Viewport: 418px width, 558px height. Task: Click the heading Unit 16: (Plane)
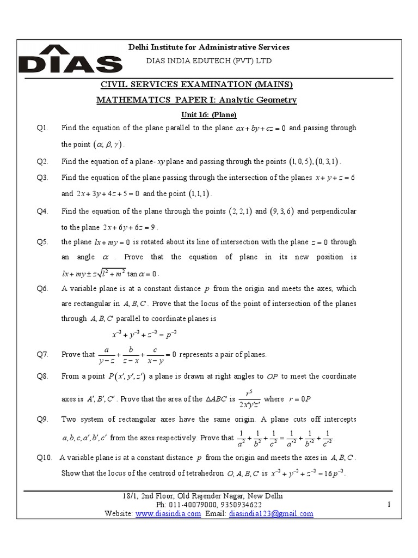[x=209, y=114]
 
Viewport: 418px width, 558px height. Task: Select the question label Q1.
[x=43, y=128]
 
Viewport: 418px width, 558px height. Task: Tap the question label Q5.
[x=43, y=241]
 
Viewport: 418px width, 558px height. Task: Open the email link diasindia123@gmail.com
[x=271, y=513]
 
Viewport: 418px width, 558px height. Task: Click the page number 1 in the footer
[x=389, y=505]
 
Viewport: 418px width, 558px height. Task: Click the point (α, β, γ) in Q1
[x=108, y=145]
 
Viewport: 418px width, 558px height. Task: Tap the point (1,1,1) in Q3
[x=200, y=194]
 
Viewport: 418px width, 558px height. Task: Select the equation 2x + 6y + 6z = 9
[x=130, y=228]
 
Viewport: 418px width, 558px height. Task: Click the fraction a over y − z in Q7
[x=107, y=355]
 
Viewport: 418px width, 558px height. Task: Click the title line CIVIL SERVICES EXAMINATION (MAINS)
[x=196, y=84]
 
